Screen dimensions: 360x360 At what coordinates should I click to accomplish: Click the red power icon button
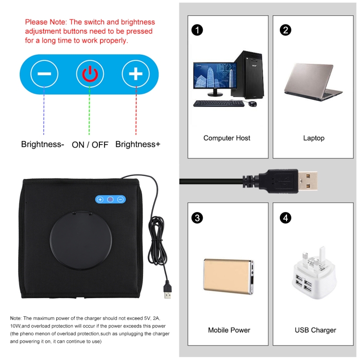click(x=90, y=74)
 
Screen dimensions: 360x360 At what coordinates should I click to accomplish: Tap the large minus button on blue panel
click(x=44, y=74)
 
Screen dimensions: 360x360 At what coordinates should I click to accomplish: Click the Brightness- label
click(x=43, y=144)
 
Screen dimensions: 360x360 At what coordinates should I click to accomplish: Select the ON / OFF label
click(x=90, y=144)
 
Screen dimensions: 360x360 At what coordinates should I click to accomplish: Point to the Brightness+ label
click(x=138, y=144)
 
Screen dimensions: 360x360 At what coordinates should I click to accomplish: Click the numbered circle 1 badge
click(x=197, y=30)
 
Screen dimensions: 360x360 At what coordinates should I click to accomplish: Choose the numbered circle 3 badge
click(x=197, y=218)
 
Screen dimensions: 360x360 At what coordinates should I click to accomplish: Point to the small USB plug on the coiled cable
click(x=167, y=292)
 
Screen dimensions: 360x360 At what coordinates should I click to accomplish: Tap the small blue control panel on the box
click(x=110, y=199)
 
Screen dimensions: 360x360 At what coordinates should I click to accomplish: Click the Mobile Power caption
click(x=229, y=330)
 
